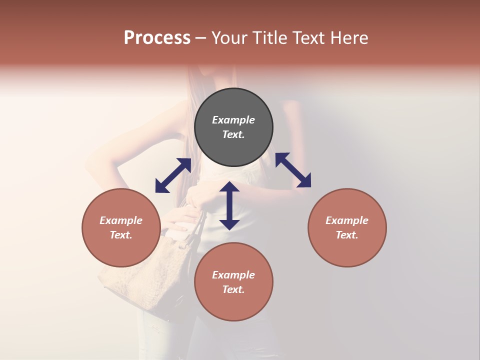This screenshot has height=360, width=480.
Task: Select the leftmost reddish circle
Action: pyautogui.click(x=121, y=227)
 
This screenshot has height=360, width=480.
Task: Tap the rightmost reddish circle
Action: pyautogui.click(x=347, y=227)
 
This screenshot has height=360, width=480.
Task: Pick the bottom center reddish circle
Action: pyautogui.click(x=233, y=282)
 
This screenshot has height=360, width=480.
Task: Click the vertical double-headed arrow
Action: pyautogui.click(x=229, y=205)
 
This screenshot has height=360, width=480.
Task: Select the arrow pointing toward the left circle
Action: pyautogui.click(x=173, y=175)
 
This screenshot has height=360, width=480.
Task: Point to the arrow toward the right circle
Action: pyautogui.click(x=293, y=170)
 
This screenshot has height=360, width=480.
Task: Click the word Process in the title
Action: pyautogui.click(x=157, y=37)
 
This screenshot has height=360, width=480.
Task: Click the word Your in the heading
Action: pyautogui.click(x=229, y=37)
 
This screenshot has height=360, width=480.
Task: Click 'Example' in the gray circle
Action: pyautogui.click(x=233, y=120)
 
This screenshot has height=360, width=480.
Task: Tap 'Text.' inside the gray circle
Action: pyautogui.click(x=233, y=134)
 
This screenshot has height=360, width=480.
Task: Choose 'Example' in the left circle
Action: pyautogui.click(x=121, y=220)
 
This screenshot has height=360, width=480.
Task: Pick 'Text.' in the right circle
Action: pyautogui.click(x=347, y=235)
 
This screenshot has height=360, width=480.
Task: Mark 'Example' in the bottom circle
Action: pyautogui.click(x=233, y=275)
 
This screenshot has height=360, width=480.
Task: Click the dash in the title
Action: pyautogui.click(x=201, y=38)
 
